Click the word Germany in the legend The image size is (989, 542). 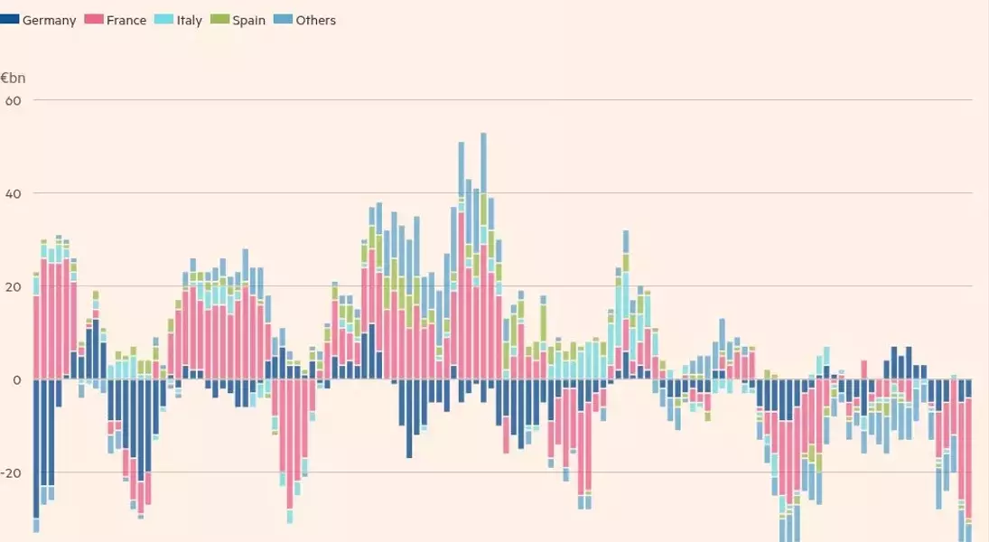(x=49, y=20)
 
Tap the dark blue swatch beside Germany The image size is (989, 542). (x=10, y=19)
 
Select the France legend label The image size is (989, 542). (x=126, y=20)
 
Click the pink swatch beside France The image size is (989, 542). (x=94, y=19)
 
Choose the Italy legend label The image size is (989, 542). (x=190, y=20)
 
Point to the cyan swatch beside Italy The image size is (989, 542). (x=164, y=19)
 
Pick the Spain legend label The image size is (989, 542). (x=248, y=20)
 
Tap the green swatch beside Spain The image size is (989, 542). (x=219, y=19)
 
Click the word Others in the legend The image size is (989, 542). (x=316, y=20)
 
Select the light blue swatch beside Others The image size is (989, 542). (x=284, y=19)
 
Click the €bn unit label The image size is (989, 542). (x=14, y=78)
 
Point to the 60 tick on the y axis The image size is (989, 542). (x=14, y=99)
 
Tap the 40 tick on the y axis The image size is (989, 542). (x=14, y=193)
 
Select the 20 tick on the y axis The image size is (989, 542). (x=14, y=286)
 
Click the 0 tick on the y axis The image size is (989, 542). (x=16, y=379)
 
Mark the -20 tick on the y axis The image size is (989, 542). (x=12, y=472)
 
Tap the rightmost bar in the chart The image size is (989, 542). (x=968, y=452)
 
